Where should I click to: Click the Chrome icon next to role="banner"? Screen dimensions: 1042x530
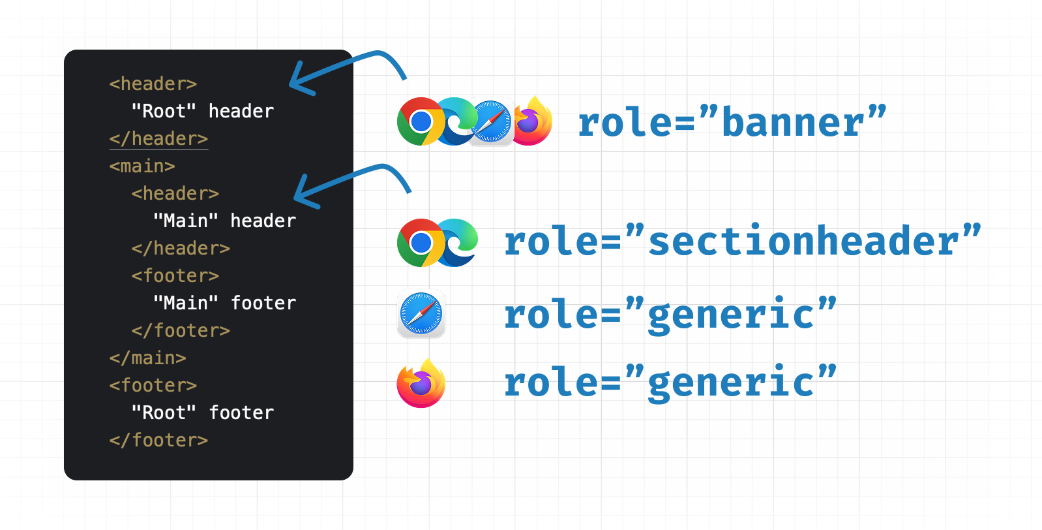pyautogui.click(x=421, y=121)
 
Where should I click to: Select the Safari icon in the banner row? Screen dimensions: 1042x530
pyautogui.click(x=491, y=122)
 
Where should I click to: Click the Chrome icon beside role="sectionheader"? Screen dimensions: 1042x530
pyautogui.click(x=421, y=243)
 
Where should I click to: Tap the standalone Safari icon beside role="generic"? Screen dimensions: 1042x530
pyautogui.click(x=421, y=313)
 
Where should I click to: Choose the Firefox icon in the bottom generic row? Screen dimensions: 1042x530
pyautogui.click(x=421, y=383)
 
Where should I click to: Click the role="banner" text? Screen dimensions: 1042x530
pyautogui.click(x=732, y=121)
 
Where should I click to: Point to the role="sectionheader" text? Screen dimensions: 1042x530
pyautogui.click(x=743, y=240)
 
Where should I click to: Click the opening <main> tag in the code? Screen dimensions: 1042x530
pyautogui.click(x=142, y=166)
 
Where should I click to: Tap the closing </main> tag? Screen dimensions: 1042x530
pyautogui.click(x=148, y=358)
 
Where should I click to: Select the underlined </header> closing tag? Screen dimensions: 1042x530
pyautogui.click(x=158, y=139)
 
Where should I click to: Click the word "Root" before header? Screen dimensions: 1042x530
pyautogui.click(x=164, y=112)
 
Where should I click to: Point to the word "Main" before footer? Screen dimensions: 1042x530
pyautogui.click(x=186, y=303)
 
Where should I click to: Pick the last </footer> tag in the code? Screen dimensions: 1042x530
pyautogui.click(x=158, y=440)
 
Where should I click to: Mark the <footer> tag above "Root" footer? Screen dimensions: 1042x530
pyautogui.click(x=153, y=385)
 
